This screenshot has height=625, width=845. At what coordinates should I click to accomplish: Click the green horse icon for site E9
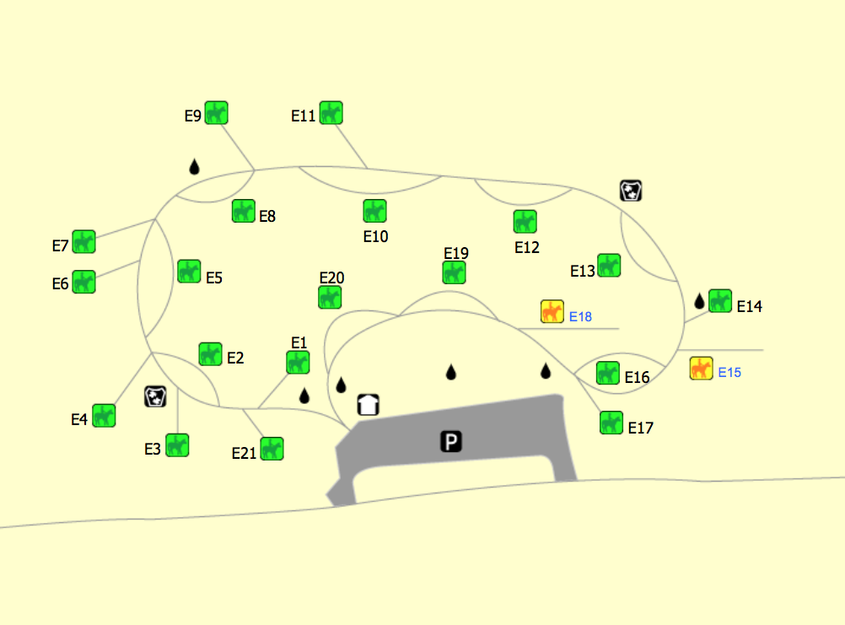tap(216, 113)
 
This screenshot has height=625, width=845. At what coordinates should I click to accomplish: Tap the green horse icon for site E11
tap(331, 113)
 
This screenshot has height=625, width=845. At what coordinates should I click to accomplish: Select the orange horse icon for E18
tap(552, 311)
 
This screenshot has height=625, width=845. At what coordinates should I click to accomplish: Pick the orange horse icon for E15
tap(701, 368)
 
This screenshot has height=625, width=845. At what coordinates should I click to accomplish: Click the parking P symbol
tap(451, 441)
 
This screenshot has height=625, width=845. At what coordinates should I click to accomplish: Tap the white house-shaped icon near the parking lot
tap(369, 405)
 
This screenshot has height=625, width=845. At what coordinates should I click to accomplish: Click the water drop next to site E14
tap(699, 301)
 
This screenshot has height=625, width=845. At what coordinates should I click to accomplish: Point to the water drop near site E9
tap(195, 166)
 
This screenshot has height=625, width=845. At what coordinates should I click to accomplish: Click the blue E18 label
tap(580, 316)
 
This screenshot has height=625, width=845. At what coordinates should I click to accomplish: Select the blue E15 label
tap(729, 372)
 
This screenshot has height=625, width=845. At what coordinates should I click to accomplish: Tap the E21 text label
tap(244, 453)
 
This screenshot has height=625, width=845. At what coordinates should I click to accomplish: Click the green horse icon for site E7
tap(84, 241)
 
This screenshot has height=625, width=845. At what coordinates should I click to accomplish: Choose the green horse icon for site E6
tap(84, 282)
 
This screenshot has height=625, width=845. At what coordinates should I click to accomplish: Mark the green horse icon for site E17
tap(611, 423)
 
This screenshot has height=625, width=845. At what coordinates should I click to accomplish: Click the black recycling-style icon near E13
tap(631, 190)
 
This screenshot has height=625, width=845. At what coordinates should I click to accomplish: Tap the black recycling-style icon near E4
tap(155, 396)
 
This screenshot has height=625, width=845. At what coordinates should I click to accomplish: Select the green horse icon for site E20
tap(330, 297)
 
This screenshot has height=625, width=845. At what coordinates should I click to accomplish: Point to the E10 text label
tap(375, 236)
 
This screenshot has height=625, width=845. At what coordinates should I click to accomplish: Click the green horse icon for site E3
tap(177, 445)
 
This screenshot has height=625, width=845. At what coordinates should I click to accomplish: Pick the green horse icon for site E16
tap(608, 373)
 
